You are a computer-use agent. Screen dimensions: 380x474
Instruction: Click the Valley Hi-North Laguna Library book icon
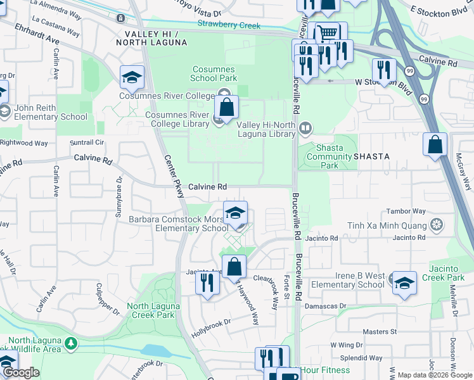coord(305,129)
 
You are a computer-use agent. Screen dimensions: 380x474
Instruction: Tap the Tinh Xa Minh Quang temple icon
coord(436,225)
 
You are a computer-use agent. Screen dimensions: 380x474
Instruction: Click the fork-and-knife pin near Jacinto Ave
coord(206,282)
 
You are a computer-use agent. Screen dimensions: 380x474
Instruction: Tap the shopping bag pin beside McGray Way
coord(435,144)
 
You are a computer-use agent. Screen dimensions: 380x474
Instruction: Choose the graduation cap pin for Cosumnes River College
coord(132,77)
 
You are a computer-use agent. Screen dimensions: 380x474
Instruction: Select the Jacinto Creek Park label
coord(451,273)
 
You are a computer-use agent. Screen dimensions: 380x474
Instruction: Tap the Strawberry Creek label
coord(229,25)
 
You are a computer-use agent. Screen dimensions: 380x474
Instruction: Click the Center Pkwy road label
coord(175,177)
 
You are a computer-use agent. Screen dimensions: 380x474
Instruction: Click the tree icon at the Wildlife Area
coord(72,344)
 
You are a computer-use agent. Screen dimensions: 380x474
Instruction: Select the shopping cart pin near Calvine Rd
coord(326,33)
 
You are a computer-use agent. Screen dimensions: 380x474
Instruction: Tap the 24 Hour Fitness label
coord(325,370)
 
